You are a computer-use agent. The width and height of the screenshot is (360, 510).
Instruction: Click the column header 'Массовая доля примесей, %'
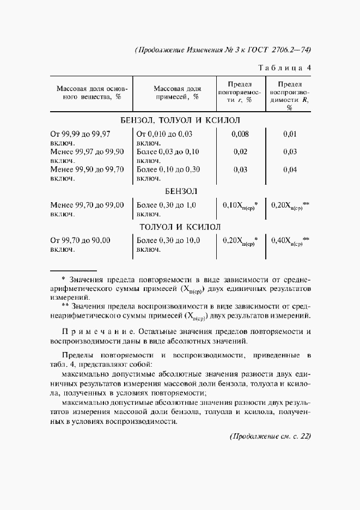[177, 93]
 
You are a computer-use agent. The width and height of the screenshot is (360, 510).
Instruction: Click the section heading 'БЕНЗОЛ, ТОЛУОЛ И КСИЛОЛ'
[180, 120]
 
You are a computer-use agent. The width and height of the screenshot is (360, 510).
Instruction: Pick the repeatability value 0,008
[240, 133]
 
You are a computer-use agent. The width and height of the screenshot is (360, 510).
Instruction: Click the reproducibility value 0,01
[290, 133]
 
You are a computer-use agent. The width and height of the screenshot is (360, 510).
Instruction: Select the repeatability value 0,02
[240, 151]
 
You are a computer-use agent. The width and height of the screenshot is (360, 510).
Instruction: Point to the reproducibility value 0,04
[290, 169]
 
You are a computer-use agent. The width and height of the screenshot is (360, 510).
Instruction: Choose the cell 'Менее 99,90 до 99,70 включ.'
[87, 174]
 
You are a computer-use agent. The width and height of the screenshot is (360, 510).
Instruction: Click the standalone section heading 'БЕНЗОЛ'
[180, 192]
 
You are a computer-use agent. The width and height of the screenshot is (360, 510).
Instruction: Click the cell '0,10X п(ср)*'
[240, 206]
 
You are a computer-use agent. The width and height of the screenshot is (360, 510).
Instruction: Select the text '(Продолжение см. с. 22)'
[270, 436]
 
